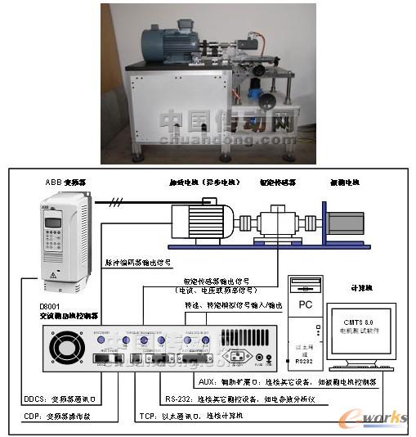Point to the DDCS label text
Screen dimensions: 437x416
click(32, 400)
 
